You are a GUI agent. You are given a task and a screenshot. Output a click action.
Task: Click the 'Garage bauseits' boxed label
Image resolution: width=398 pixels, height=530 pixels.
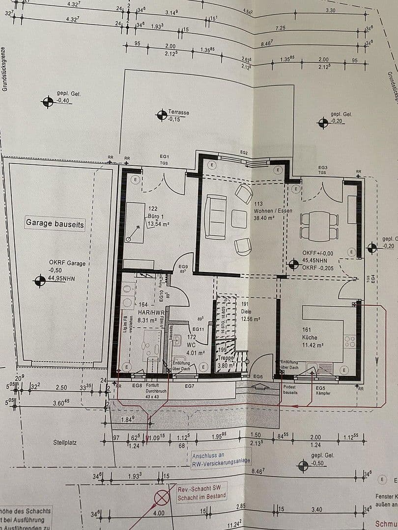point(55,224)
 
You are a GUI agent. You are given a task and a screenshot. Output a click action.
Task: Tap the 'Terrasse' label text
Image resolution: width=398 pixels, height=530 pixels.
point(179,112)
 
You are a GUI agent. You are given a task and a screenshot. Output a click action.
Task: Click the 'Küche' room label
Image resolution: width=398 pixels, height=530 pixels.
point(310,338)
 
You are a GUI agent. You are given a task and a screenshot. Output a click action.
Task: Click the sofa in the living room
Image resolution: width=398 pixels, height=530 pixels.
point(214,217)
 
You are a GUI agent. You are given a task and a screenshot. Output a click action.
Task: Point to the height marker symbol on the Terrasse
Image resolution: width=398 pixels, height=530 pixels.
point(161,115)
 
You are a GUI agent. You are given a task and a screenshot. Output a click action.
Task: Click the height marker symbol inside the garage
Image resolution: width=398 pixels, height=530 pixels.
point(39,281)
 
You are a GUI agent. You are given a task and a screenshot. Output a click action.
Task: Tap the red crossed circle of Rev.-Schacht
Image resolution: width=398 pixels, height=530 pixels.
point(162,498)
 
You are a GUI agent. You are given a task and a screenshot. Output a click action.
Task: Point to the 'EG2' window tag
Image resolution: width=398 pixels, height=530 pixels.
point(244,153)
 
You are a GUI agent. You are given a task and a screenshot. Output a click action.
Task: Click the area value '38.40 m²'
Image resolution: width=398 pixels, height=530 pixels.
point(263,217)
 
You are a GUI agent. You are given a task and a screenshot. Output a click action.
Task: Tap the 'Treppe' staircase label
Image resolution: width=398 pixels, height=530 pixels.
point(227,358)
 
